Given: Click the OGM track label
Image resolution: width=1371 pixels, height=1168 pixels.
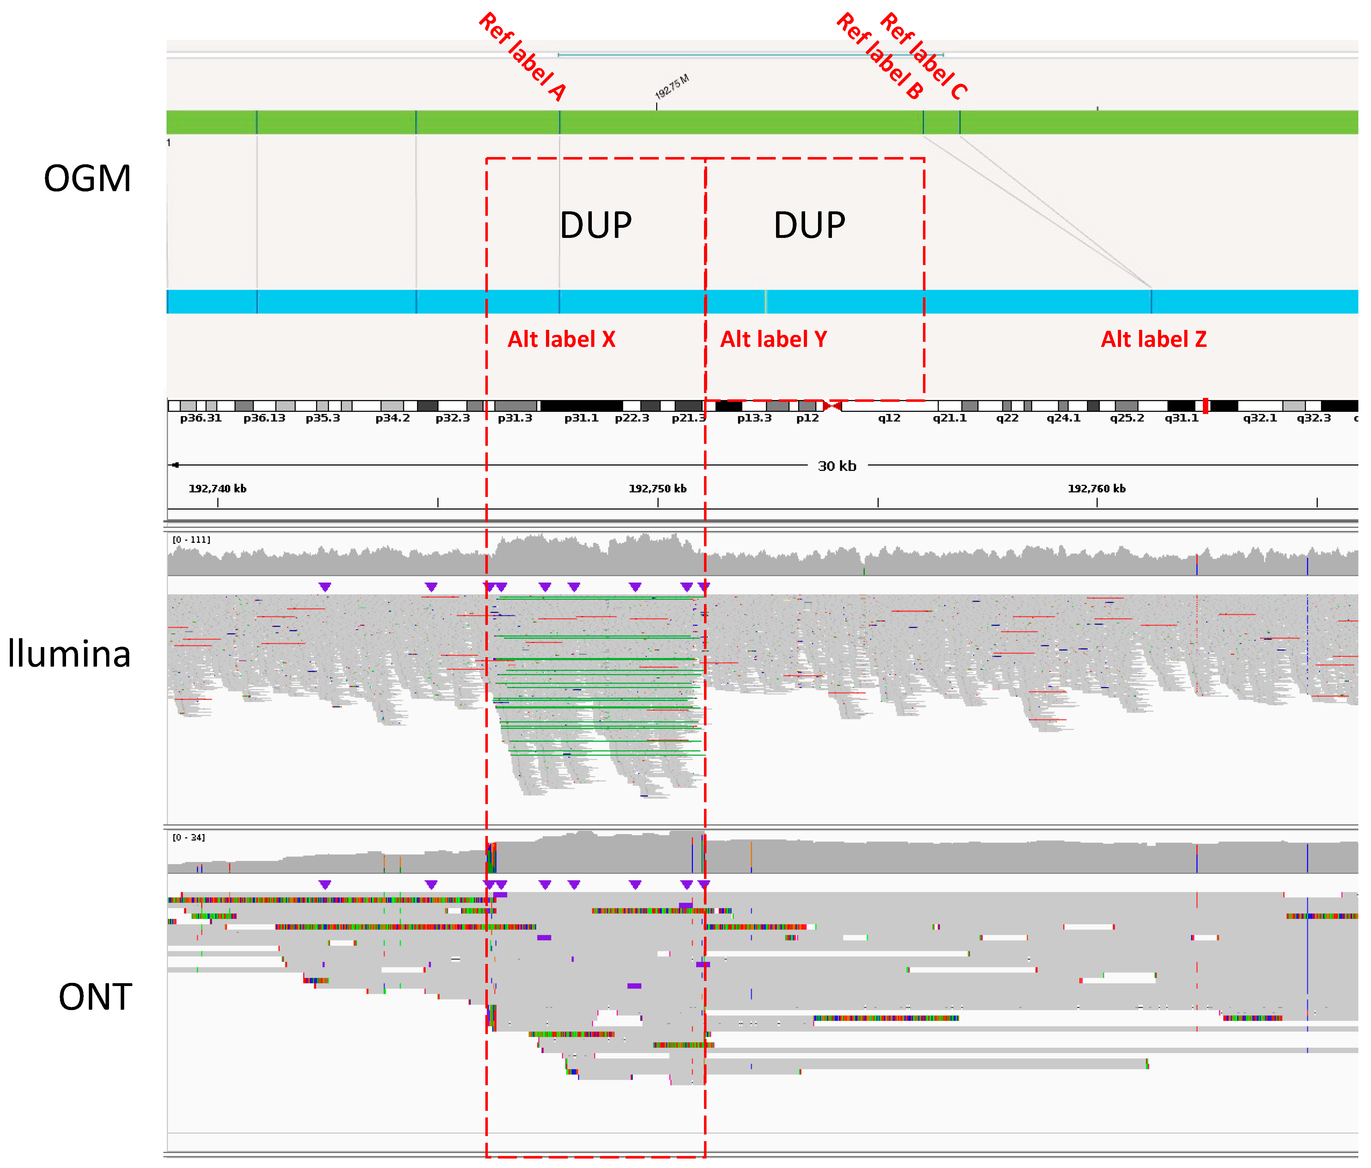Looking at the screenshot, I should [x=87, y=179].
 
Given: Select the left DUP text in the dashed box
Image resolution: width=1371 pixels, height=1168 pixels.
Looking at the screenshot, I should [x=596, y=226].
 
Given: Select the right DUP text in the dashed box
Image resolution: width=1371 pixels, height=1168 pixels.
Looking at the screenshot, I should [x=809, y=226].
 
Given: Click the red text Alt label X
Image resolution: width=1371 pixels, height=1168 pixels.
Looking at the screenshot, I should [x=561, y=340].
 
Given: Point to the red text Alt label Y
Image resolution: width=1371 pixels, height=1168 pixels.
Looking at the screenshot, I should [x=773, y=340].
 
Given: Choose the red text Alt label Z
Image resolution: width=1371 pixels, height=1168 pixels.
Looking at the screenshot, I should [x=1153, y=340].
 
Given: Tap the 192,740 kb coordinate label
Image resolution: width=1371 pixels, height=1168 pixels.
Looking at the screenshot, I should [x=218, y=488].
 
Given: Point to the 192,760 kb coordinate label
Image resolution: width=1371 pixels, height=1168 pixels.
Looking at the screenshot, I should [x=1096, y=488].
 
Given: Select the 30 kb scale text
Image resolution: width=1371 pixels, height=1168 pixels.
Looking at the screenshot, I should [x=837, y=466].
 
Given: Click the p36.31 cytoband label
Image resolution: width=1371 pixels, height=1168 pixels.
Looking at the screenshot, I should [x=201, y=418].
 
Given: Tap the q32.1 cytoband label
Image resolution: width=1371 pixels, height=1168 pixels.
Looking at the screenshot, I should [x=1260, y=418].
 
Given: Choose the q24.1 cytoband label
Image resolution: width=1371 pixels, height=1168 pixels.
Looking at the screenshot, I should [x=1063, y=418].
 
